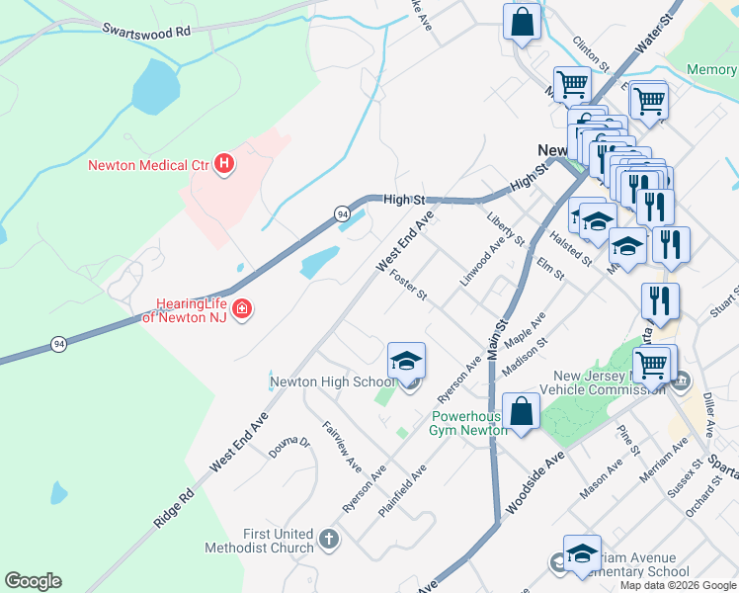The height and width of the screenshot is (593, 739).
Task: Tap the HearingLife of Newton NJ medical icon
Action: pos(241,312)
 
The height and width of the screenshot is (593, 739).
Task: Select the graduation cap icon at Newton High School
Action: pos(406,362)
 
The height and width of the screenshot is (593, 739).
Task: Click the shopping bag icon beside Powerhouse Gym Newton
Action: pos(521,412)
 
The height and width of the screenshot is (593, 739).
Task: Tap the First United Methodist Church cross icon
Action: pos(328,540)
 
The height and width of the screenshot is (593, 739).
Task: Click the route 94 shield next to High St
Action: pos(342,213)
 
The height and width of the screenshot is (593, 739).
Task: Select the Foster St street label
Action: pos(408,287)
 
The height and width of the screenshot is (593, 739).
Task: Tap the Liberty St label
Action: pos(506,229)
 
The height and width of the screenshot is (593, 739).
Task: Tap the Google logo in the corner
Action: pos(33,581)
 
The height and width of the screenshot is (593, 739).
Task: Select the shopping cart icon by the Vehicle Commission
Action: pos(651,365)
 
